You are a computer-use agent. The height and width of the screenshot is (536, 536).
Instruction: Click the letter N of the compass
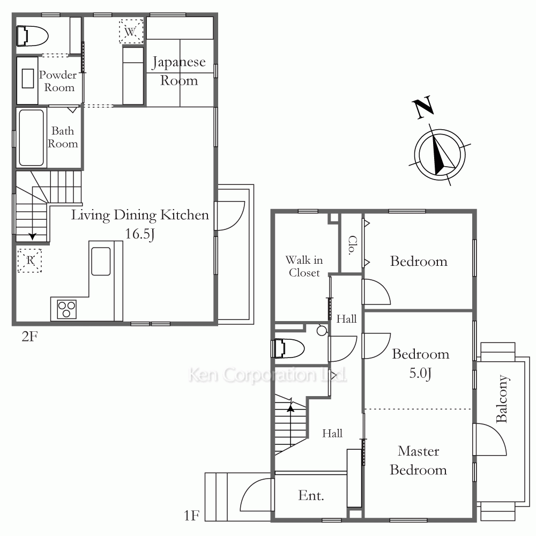tap(423, 107)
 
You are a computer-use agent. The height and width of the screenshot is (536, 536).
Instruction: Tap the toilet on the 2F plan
tap(32, 35)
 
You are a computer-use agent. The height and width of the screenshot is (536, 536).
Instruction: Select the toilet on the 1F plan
tap(288, 348)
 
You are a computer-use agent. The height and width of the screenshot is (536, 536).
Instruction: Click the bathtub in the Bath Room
tap(31, 138)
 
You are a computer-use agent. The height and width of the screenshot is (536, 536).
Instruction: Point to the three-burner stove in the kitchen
tap(66, 309)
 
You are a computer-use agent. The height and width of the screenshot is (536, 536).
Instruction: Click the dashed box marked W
tap(131, 32)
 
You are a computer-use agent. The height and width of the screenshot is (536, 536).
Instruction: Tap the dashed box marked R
tap(29, 260)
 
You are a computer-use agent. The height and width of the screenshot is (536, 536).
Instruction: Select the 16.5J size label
tap(140, 234)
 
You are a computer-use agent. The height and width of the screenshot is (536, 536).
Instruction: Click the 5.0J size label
tap(420, 373)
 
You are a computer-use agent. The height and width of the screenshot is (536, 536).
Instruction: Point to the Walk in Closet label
tap(304, 266)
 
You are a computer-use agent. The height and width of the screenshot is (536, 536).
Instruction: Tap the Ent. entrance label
tap(311, 495)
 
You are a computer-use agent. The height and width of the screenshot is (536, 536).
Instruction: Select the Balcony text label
tap(502, 399)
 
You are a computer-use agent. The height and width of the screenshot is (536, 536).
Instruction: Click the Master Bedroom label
tap(419, 460)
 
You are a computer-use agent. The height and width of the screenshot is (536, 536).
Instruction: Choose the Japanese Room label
tap(179, 71)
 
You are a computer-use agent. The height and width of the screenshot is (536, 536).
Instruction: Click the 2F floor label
tap(29, 337)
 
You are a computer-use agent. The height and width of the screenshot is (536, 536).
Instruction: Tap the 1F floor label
tap(191, 516)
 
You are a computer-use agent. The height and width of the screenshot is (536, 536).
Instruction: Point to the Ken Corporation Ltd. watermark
tap(267, 375)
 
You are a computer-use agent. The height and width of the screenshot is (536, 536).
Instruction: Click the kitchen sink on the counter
tap(101, 261)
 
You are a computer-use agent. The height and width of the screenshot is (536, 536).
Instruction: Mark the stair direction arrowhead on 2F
tap(33, 236)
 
